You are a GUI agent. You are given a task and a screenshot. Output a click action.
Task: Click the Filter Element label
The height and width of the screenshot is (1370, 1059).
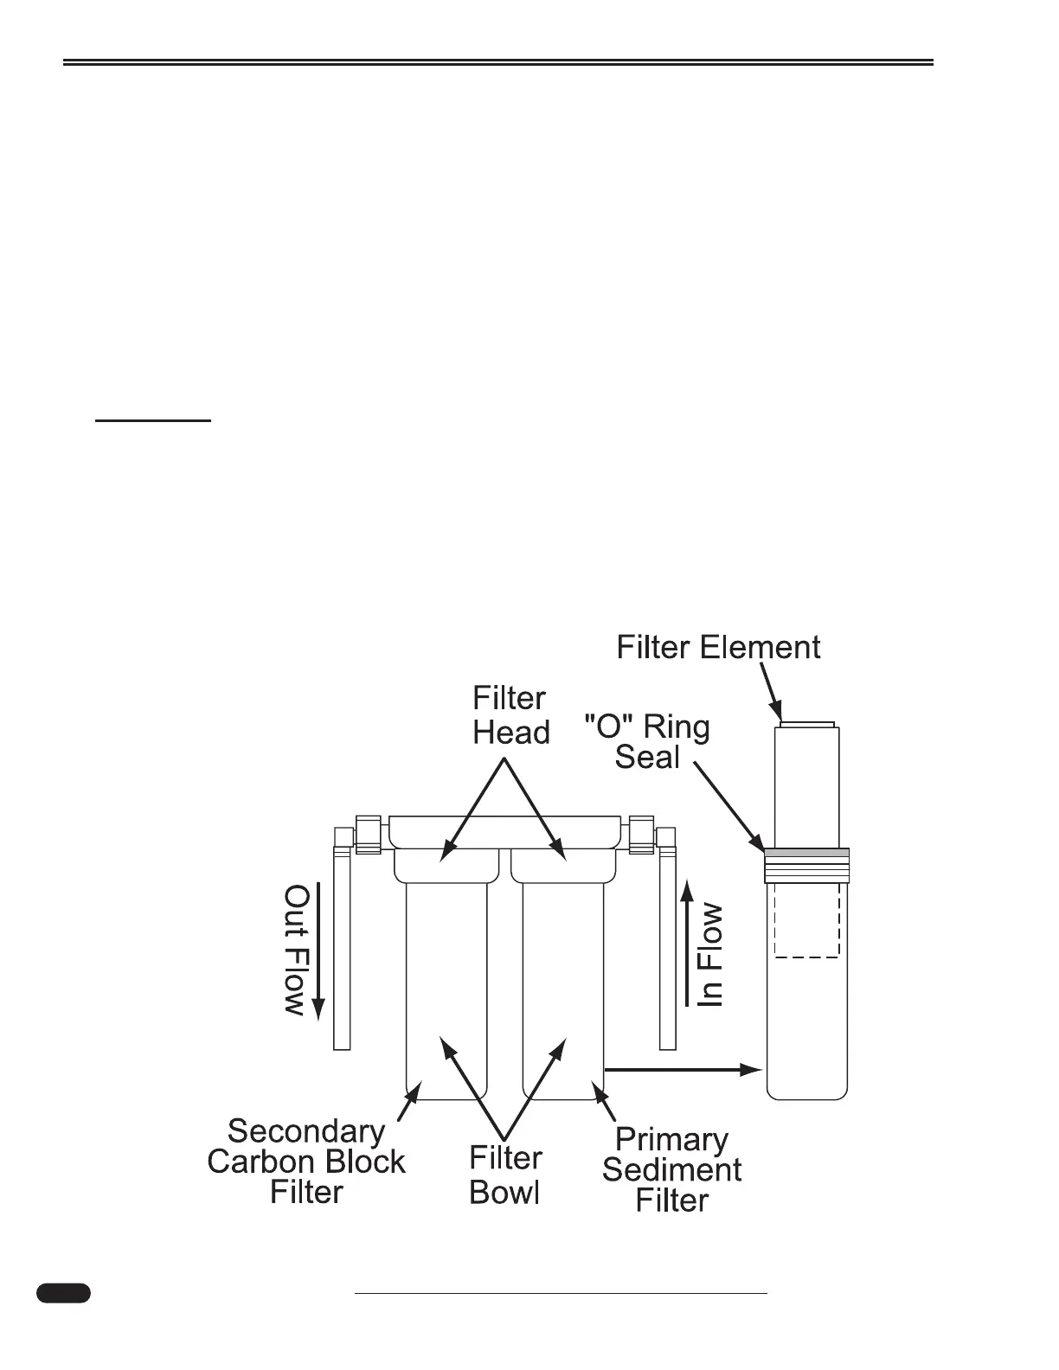[x=718, y=648]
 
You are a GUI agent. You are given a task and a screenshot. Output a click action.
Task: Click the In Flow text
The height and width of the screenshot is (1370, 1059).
[x=710, y=954]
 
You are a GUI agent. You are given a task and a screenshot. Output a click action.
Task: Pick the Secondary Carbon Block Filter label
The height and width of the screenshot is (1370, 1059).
[x=306, y=1162]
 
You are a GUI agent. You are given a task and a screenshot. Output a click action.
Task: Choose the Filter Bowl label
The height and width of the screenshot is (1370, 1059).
[x=505, y=1175]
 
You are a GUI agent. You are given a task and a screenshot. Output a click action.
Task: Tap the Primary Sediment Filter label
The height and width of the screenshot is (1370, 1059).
[x=671, y=1170]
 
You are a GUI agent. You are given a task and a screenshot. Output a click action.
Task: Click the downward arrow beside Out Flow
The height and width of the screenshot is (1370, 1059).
[x=318, y=951]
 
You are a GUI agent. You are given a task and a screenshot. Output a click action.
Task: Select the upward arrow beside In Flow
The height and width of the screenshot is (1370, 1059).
[x=687, y=943]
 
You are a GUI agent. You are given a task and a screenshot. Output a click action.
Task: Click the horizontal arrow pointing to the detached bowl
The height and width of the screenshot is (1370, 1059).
[x=683, y=1070]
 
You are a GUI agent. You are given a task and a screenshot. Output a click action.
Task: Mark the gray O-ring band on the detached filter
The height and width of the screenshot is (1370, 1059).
[x=806, y=853]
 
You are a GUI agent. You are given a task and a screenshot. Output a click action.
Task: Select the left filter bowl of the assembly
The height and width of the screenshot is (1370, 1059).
[x=446, y=986]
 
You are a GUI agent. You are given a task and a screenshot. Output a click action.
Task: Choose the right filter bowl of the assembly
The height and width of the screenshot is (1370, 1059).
[x=563, y=986]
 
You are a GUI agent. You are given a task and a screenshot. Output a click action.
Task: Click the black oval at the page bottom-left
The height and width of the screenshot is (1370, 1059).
[x=63, y=1293]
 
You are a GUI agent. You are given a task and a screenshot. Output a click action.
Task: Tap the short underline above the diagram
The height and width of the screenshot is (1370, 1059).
[x=153, y=420]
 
